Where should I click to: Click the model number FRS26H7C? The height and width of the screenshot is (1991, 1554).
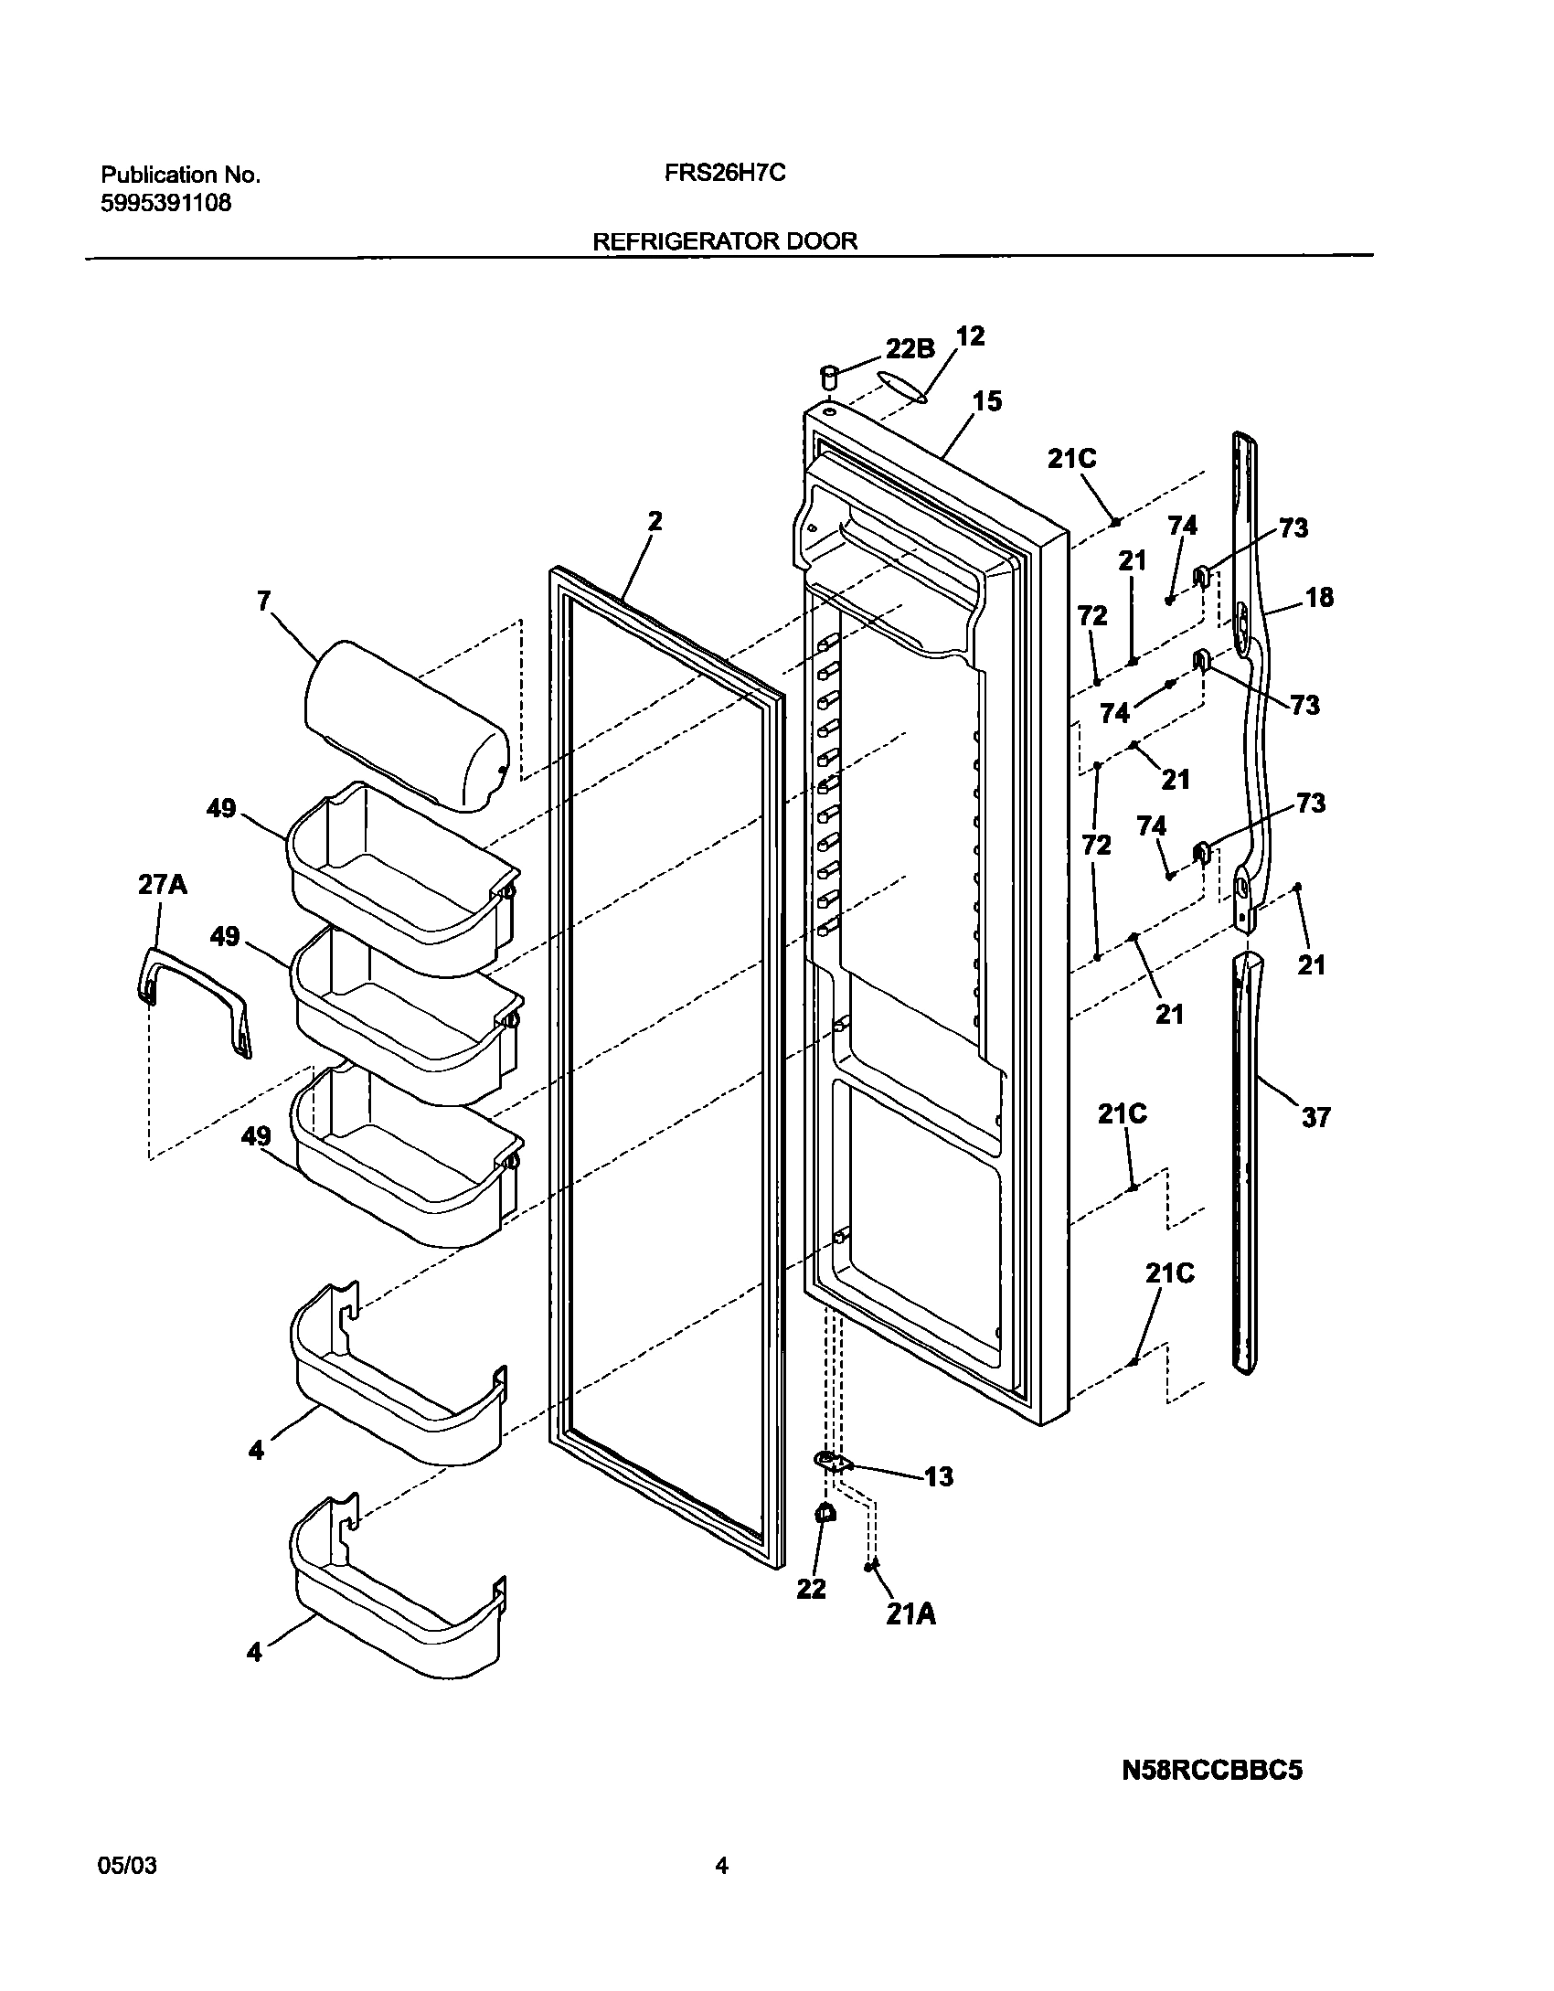pos(725,174)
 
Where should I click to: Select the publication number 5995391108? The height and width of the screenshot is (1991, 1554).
pos(165,203)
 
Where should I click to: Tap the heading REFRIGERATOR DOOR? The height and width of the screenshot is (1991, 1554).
pos(725,241)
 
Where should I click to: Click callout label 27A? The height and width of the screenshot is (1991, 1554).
pos(163,885)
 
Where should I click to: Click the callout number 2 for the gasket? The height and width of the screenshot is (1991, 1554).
pos(655,521)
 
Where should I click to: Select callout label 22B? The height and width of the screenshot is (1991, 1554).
pos(910,348)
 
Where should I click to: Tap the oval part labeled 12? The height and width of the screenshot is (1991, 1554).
pos(901,387)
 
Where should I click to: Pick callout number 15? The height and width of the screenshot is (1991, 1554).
pos(987,401)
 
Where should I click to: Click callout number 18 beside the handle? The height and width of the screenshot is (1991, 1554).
pos(1319,598)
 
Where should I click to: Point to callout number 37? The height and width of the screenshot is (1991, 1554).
pos(1315,1117)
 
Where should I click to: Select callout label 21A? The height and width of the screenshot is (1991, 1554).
pos(910,1615)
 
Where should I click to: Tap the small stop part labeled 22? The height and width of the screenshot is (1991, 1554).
pos(825,1513)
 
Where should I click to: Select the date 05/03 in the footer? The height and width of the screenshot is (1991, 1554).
pos(126,1866)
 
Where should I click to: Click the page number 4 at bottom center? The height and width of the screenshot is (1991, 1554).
pos(721,1866)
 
